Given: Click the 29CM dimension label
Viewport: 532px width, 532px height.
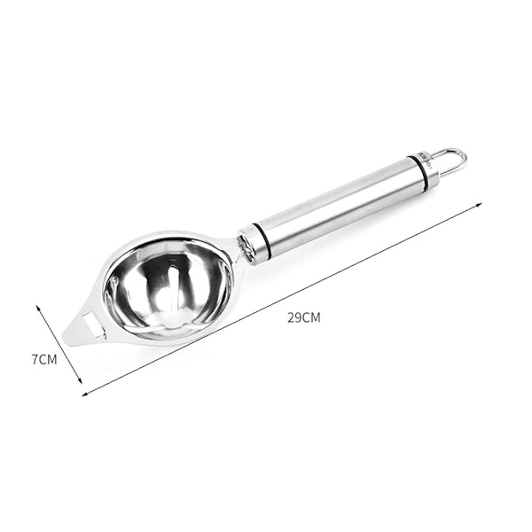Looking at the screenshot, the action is pyautogui.click(x=303, y=318).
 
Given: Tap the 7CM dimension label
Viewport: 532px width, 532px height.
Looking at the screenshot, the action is pyautogui.click(x=44, y=359).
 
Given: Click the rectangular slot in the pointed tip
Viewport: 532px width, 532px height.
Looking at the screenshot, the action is pyautogui.click(x=92, y=324).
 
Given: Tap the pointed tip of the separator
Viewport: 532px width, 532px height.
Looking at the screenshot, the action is pyautogui.click(x=63, y=336).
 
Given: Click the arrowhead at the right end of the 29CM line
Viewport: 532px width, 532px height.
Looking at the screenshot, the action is pyautogui.click(x=479, y=205).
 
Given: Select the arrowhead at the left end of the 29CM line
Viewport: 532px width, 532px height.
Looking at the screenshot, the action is pyautogui.click(x=85, y=394).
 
